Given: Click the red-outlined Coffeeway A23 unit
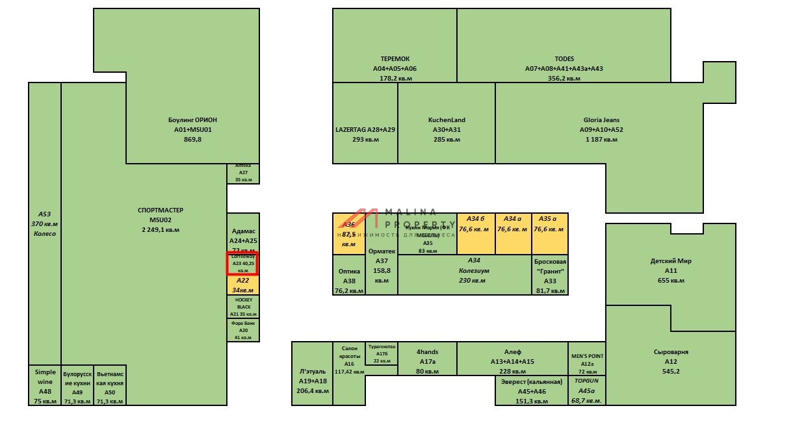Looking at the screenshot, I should pos(242,263).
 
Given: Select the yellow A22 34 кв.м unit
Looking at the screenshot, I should pos(242,285).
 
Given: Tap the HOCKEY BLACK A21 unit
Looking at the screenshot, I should pos(243,307).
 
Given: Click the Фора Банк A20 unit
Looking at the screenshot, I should pos(243,329).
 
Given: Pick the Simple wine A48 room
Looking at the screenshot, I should pos(45,386).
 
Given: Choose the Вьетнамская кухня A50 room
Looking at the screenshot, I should pos(110,386).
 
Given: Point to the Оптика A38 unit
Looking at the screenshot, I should pos(349,275).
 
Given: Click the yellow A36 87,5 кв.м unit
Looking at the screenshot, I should pos(349,233).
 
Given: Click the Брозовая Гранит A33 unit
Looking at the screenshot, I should pos(550,275).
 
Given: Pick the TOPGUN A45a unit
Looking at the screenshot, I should pos(587,391).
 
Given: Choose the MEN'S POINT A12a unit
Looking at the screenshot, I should pos(587,359).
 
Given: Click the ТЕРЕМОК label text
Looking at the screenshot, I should pos(395,59).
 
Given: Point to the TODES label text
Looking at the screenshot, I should pos(564,59).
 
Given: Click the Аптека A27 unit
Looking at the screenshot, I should pos(243,173).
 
